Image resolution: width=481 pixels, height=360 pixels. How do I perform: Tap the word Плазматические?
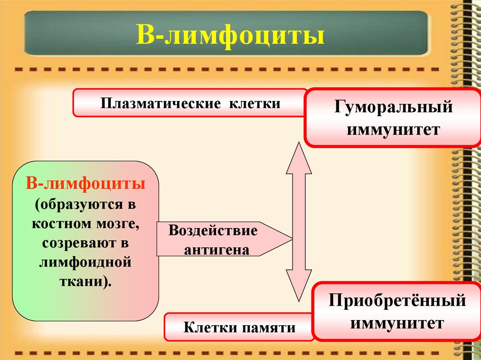tap(160, 103)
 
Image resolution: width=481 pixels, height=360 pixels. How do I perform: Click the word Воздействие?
tap(213, 231)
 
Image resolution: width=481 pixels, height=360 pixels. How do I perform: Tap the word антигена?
tap(216, 250)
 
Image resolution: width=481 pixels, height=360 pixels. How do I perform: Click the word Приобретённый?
tap(397, 300)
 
